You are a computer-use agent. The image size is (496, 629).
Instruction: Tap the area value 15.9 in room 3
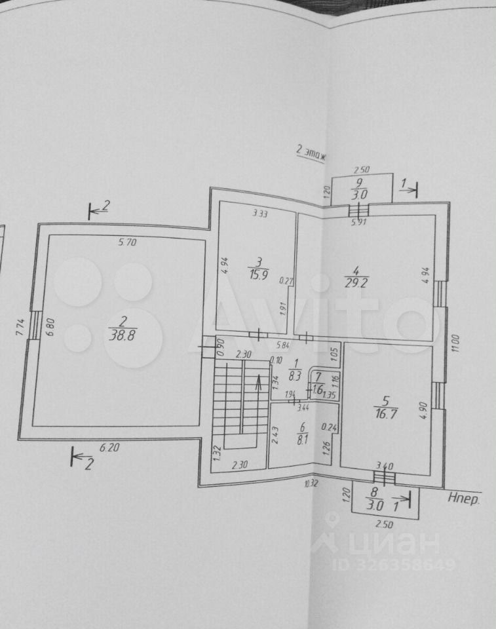(255, 275)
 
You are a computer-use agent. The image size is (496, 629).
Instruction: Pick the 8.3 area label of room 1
(294, 375)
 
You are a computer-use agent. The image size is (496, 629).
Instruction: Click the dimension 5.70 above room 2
(128, 242)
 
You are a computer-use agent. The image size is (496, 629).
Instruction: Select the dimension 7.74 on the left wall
(19, 325)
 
